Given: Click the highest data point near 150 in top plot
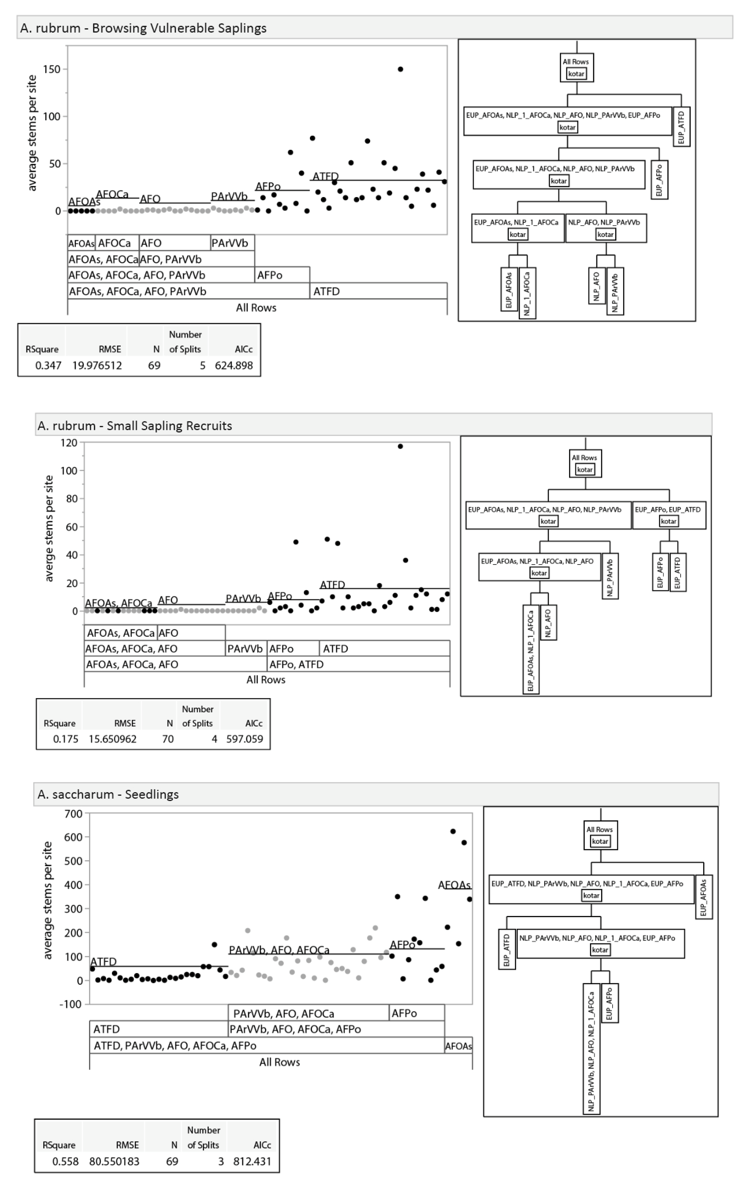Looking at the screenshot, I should [400, 69].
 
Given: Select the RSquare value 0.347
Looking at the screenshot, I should [48, 365].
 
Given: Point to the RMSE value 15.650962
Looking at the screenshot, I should [112, 739].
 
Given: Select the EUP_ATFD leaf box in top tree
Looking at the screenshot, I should [681, 127].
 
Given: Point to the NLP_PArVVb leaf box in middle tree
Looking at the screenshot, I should [610, 576].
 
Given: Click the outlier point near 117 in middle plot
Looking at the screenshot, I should [400, 446].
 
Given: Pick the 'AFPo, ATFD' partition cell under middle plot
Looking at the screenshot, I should [296, 664].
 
